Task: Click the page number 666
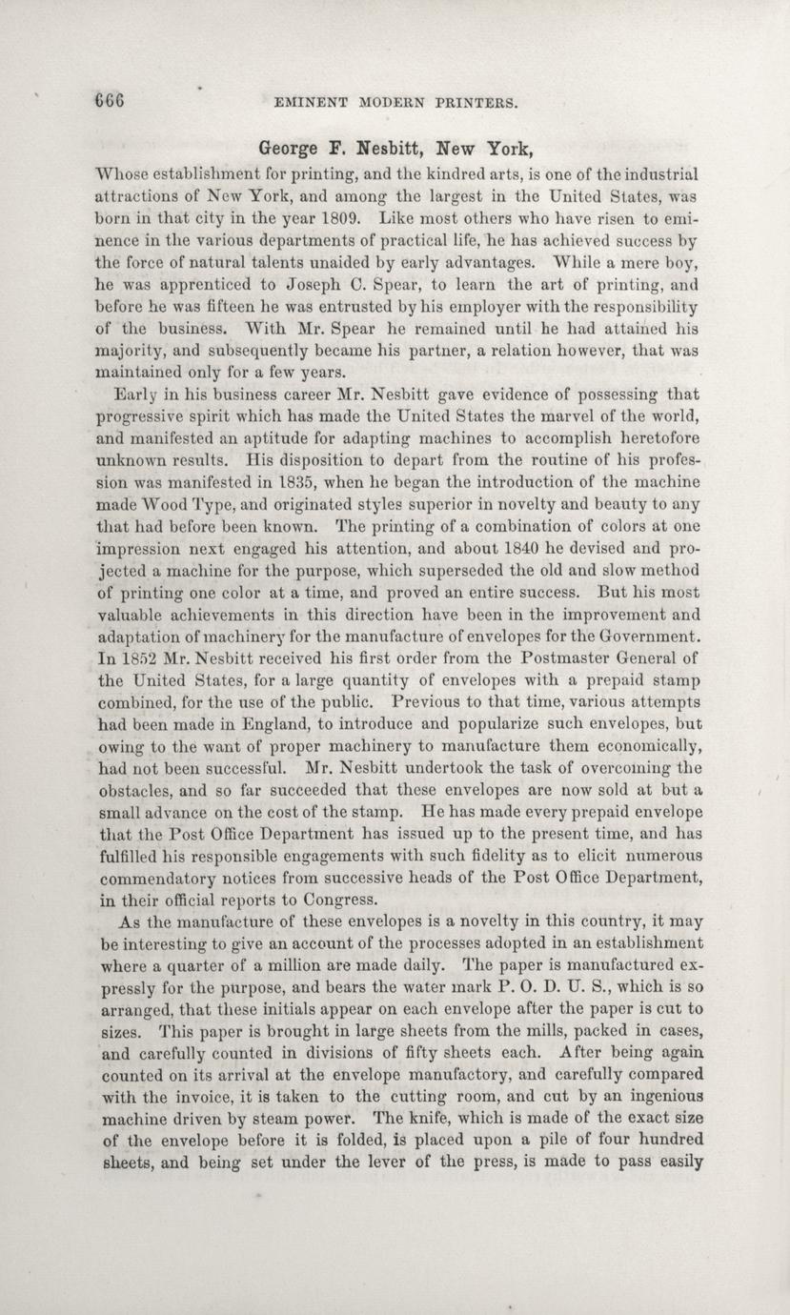(x=110, y=100)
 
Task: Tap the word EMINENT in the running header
(x=307, y=101)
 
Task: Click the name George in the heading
(x=289, y=150)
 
